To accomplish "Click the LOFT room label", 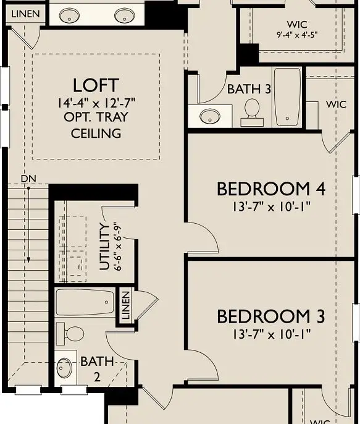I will [x=96, y=85].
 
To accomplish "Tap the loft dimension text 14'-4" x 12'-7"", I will [x=96, y=102].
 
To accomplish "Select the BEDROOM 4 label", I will [x=271, y=189].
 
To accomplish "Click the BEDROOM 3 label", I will [x=270, y=317].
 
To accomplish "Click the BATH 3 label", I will [x=249, y=89].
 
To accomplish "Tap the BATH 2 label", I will [x=96, y=369].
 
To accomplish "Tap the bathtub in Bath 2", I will [x=85, y=303].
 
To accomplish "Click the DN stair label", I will [x=27, y=179].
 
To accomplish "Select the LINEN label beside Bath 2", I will [x=126, y=305].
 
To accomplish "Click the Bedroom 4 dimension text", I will [x=271, y=206].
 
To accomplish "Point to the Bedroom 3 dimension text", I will [x=271, y=334].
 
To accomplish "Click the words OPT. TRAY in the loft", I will [x=96, y=117].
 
